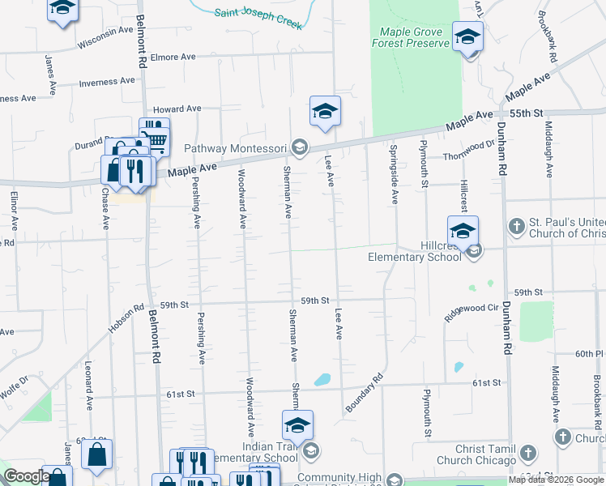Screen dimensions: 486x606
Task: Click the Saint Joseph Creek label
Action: [258, 19]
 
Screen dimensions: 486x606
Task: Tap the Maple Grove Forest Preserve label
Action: [410, 37]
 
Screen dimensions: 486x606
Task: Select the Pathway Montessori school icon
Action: [300, 147]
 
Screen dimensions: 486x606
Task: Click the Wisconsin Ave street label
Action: [105, 36]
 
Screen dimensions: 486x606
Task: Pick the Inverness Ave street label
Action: [107, 81]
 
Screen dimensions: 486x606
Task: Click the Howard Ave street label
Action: [177, 109]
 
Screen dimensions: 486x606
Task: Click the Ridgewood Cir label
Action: [471, 313]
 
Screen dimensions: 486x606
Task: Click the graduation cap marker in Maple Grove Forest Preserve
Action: [467, 37]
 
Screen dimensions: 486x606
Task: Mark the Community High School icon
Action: [394, 480]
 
